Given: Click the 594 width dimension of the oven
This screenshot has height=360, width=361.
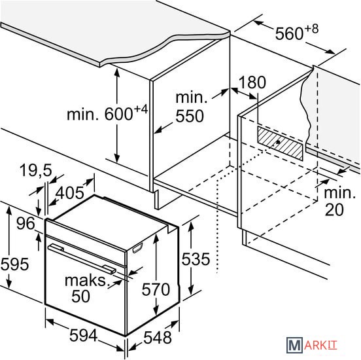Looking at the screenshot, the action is pyautogui.click(x=83, y=335).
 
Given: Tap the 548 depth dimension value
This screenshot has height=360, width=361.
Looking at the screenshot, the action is pyautogui.click(x=158, y=337).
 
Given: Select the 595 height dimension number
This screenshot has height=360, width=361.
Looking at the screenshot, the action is pyautogui.click(x=15, y=264).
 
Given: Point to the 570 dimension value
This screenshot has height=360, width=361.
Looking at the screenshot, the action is pyautogui.click(x=156, y=289).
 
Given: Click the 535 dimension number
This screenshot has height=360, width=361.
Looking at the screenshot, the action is pyautogui.click(x=196, y=259).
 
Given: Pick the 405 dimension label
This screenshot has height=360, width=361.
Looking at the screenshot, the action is pyautogui.click(x=70, y=192).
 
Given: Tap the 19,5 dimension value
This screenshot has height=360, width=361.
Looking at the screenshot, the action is pyautogui.click(x=36, y=171).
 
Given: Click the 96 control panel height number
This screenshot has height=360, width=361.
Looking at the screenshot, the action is pyautogui.click(x=26, y=223).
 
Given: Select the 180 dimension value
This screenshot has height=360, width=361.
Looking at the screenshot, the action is pyautogui.click(x=252, y=82).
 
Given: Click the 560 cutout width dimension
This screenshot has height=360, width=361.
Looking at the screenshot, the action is pyautogui.click(x=297, y=31).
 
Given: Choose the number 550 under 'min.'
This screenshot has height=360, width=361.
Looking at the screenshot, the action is pyautogui.click(x=190, y=116).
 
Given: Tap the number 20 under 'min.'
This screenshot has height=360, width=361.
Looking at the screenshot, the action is pyautogui.click(x=334, y=209).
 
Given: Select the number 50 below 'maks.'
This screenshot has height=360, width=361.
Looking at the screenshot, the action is pyautogui.click(x=80, y=296).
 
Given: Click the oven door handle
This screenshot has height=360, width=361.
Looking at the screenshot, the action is pyautogui.click(x=82, y=259).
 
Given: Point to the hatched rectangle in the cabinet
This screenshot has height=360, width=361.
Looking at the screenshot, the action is pyautogui.click(x=280, y=143).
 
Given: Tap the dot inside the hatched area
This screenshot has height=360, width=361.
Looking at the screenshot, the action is pyautogui.click(x=278, y=142).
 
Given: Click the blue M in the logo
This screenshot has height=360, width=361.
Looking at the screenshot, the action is pyautogui.click(x=294, y=345).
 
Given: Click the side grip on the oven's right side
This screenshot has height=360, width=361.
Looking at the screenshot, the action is pyautogui.click(x=137, y=248).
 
